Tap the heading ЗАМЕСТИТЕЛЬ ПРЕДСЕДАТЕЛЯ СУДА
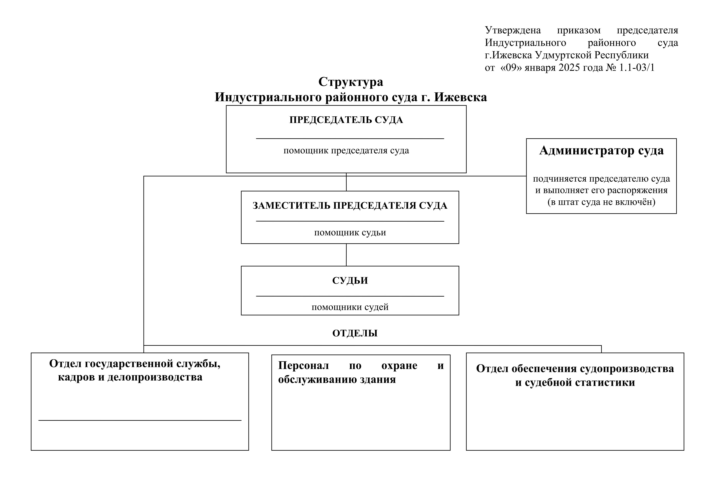click(350, 205)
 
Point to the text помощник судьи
click(350, 233)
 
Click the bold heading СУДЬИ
click(350, 281)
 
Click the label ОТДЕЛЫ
click(355, 333)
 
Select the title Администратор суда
click(601, 151)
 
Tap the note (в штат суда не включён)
click(601, 202)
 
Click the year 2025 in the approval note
click(569, 67)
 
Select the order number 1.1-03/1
click(637, 67)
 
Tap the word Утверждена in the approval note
click(513, 30)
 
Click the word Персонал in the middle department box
click(303, 366)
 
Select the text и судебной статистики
click(575, 382)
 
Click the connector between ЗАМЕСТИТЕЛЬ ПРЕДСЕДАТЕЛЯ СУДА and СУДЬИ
click(346, 255)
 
